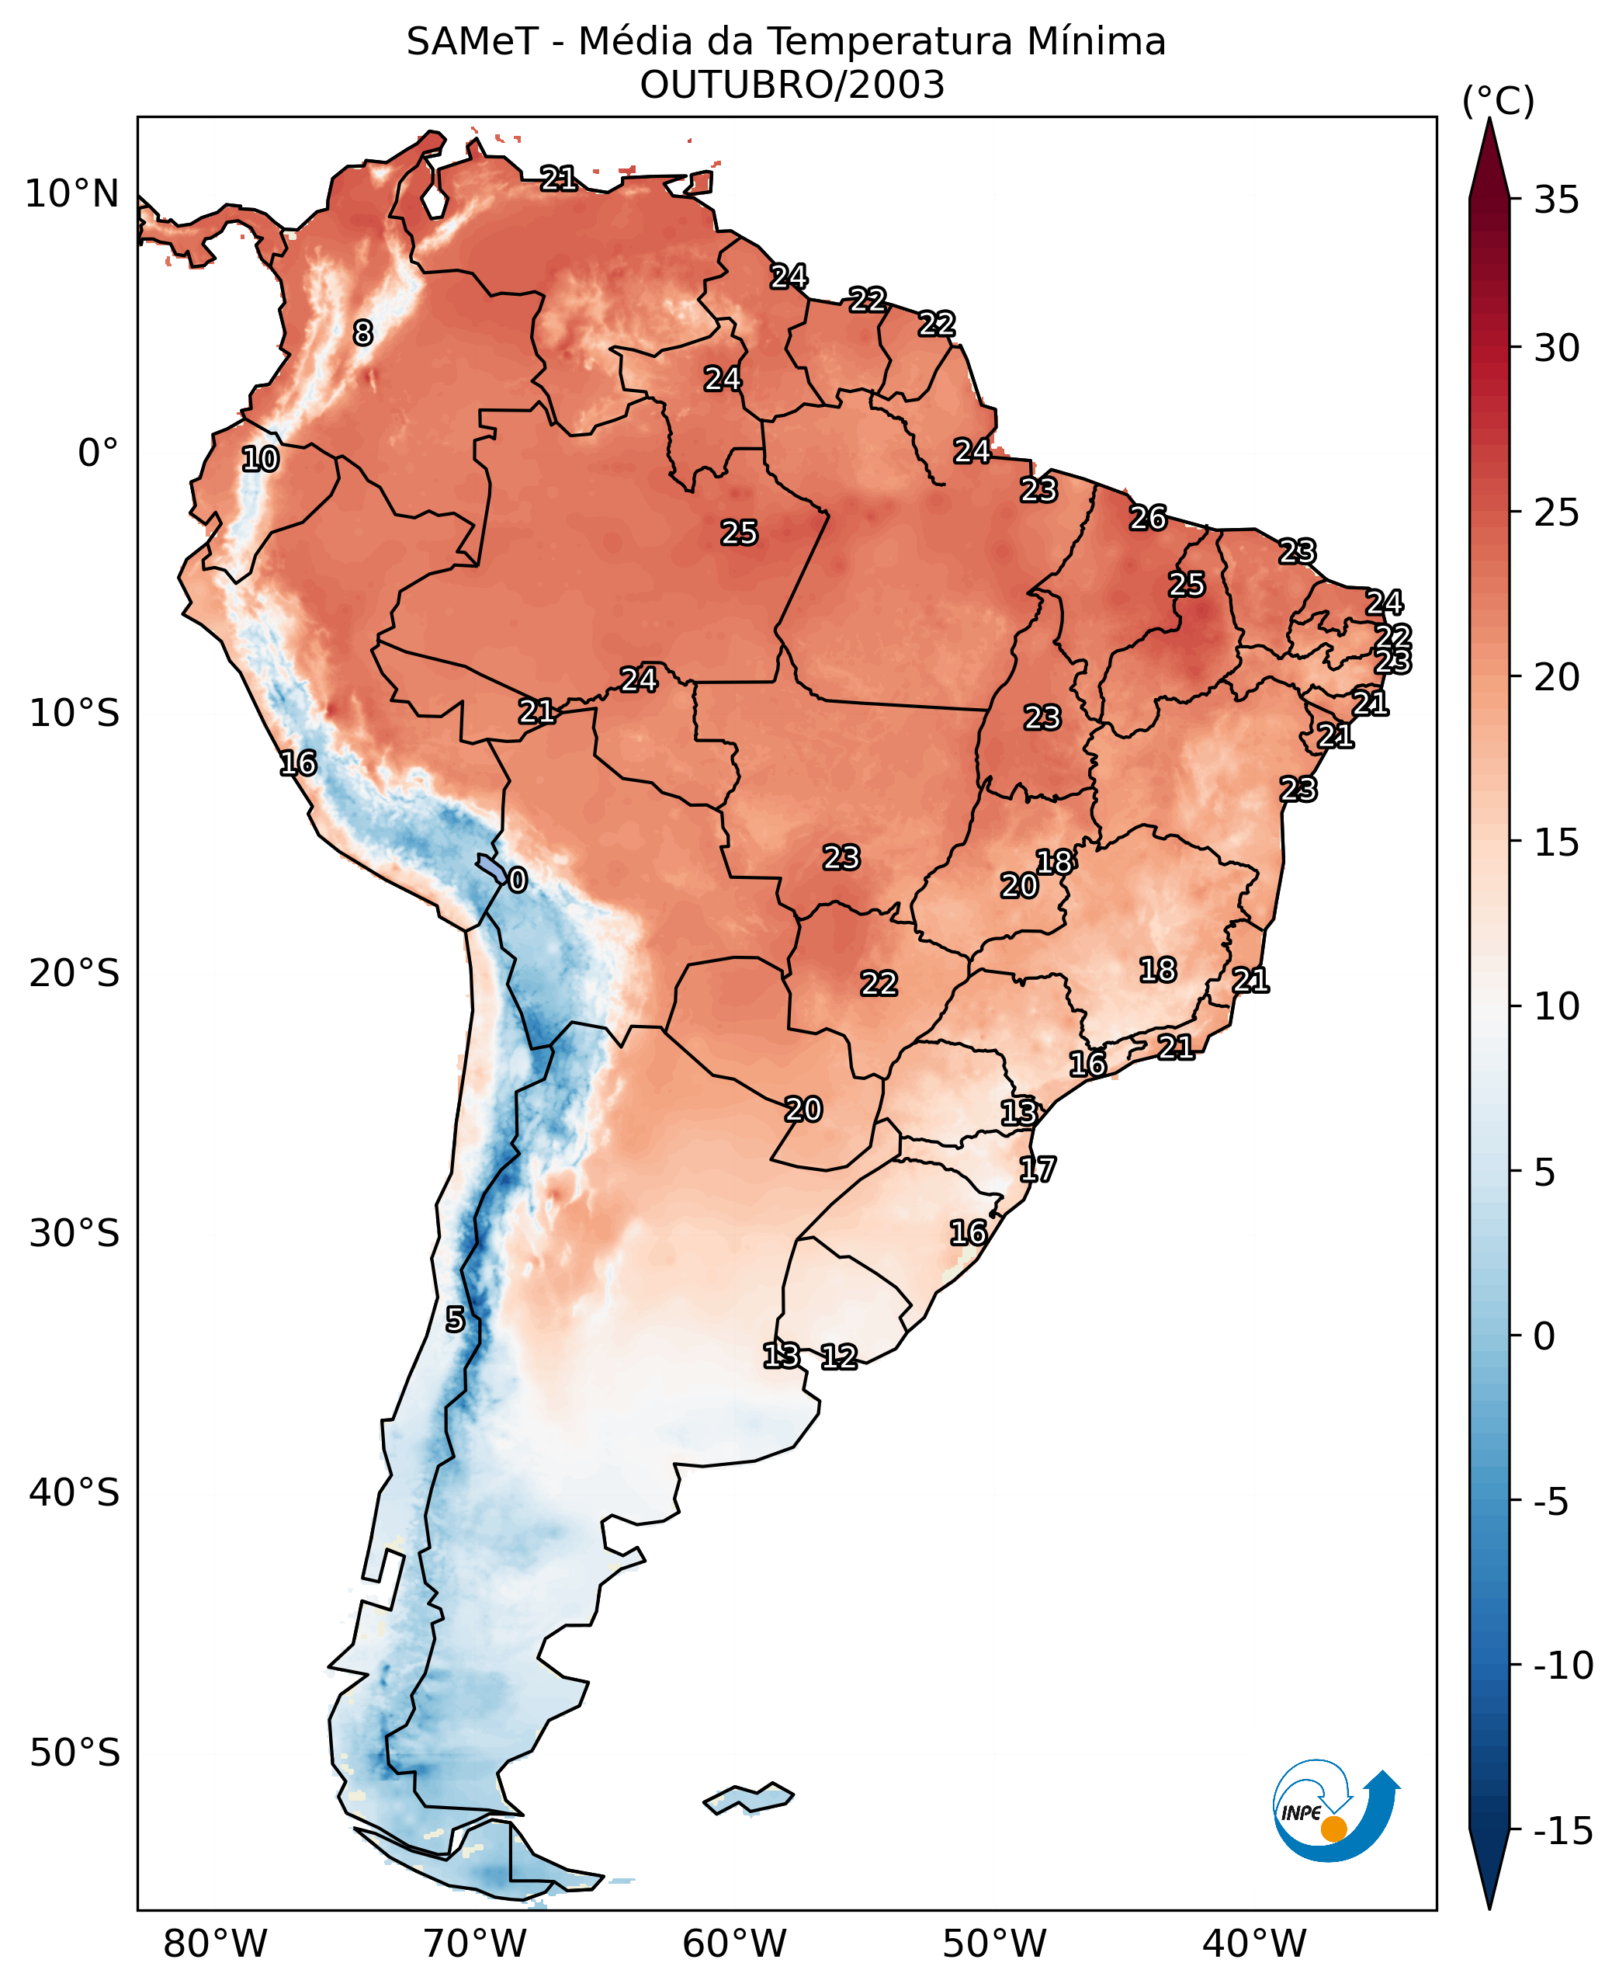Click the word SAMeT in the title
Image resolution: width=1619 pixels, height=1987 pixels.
472,43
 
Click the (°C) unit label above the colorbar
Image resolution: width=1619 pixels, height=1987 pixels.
1498,101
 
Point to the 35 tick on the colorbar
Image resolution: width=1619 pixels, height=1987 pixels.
1556,200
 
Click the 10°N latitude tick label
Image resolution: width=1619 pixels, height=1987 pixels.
72,194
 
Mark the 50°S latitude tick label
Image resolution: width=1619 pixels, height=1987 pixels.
75,1753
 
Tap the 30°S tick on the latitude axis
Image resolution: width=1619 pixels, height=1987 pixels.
75,1233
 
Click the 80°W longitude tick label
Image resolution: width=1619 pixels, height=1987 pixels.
216,1944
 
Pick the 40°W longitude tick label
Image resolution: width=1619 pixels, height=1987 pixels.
1254,1944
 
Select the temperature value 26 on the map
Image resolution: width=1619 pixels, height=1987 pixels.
1148,518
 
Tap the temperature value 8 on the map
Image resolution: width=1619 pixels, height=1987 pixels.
362,332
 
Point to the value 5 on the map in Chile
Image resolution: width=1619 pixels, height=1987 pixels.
454,1319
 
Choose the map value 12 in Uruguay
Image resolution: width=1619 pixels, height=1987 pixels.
838,1357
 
